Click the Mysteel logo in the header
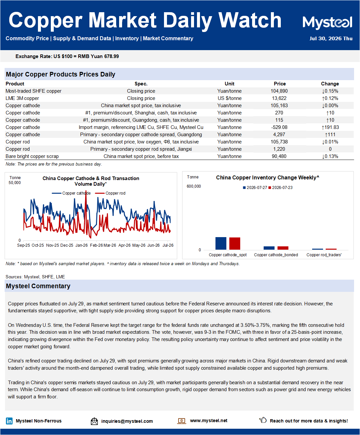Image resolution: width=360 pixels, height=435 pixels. pos(327,22)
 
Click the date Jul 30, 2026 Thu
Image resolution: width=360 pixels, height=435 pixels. pos(331,39)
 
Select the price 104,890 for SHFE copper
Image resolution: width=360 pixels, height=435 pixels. pos(279,91)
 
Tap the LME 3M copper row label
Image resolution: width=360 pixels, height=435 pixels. pos(22,98)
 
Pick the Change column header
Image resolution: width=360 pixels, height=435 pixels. pos(330,84)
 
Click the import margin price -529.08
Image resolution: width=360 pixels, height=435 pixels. pos(279,127)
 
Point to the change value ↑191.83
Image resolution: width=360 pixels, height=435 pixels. pos(330,127)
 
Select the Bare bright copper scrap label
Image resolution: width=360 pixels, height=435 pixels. pos(32,156)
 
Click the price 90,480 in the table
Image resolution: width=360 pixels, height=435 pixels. pos(279,156)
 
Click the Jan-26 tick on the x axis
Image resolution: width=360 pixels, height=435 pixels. pos(82,245)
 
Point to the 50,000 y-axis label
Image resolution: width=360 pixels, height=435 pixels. pos(15,183)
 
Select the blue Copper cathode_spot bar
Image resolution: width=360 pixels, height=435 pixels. pos(221,243)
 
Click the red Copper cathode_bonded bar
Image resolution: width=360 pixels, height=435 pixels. pos(283,248)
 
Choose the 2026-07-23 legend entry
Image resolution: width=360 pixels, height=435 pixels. pos(280,188)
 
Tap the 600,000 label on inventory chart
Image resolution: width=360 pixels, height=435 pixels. pos(194,186)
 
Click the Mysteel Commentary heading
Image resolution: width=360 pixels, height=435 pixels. pos(38,286)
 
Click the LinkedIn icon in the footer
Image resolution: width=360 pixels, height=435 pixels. pos(9,421)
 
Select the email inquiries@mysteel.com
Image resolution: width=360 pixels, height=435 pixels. pos(127,421)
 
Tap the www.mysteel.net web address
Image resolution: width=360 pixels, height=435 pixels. pos(209,420)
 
